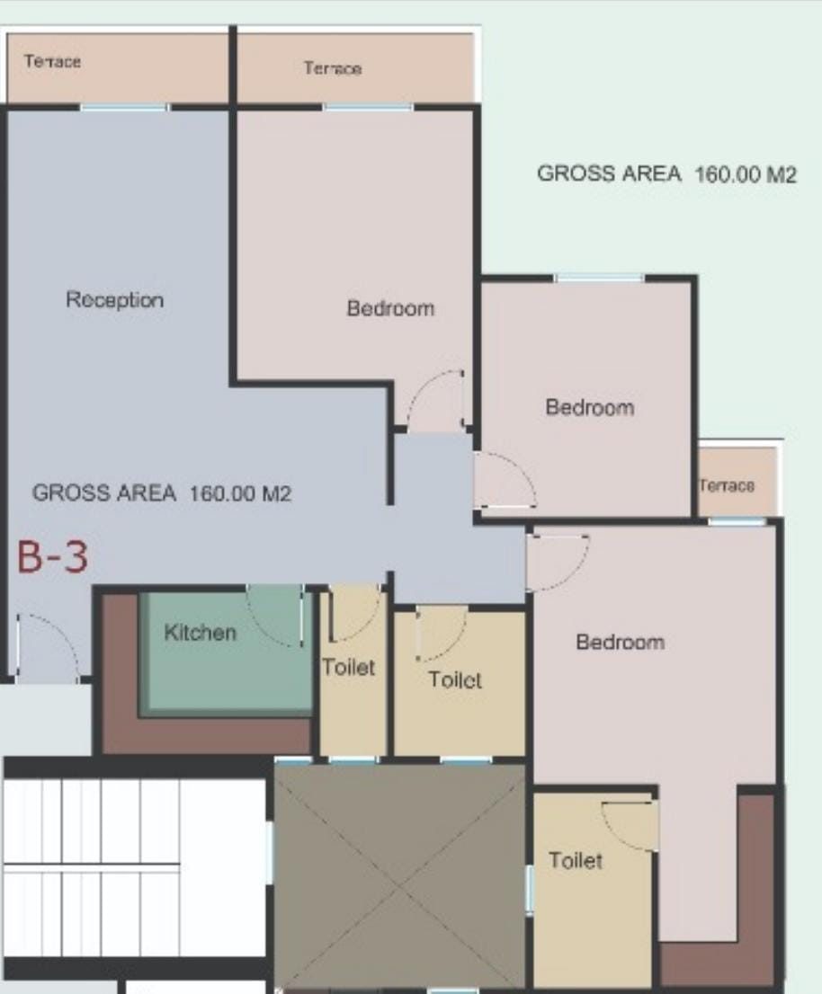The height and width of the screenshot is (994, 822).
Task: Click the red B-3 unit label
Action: point(52,556)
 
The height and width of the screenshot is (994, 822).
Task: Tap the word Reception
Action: point(115,300)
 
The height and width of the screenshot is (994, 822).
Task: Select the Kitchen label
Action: point(200,632)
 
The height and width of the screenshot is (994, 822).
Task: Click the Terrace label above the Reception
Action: point(53,61)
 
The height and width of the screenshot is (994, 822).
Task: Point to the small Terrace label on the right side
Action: point(727,485)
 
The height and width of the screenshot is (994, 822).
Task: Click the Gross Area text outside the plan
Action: point(666,173)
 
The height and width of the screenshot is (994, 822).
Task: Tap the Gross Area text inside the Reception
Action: point(162,493)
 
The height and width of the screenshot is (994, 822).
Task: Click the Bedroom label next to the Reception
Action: point(390,308)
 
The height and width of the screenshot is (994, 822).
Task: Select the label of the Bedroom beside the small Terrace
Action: point(590,407)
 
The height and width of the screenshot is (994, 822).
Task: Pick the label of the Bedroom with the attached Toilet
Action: point(621,642)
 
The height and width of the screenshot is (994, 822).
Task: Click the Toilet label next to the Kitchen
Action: point(348,667)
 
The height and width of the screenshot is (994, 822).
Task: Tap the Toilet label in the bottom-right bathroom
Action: point(576,860)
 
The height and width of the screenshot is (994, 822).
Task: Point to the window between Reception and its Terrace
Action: point(125,108)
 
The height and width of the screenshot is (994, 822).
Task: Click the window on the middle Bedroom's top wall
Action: point(599,279)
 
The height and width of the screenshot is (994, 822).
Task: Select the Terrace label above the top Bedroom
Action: point(333,67)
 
